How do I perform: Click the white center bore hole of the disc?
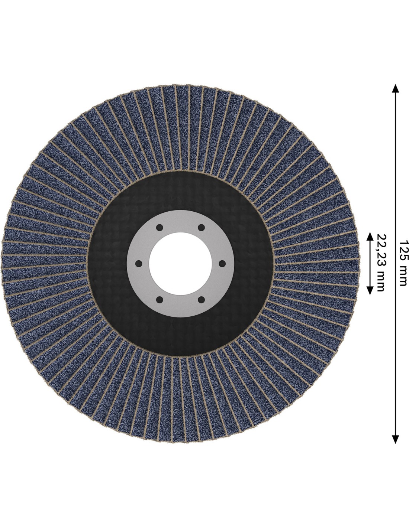[x=180, y=264]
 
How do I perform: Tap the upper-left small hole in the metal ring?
[x=160, y=228]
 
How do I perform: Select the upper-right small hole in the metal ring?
[x=201, y=228]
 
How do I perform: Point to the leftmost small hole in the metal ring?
[x=139, y=264]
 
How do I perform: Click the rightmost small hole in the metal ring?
[x=222, y=263]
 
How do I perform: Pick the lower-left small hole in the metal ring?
[x=160, y=300]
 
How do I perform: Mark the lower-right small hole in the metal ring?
[x=201, y=300]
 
